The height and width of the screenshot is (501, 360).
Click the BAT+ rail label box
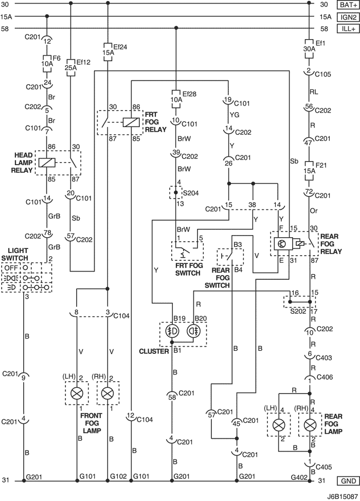349,5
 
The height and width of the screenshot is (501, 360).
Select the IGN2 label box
349,17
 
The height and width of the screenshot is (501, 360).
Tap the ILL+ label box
349,29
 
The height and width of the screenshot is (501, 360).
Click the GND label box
349,481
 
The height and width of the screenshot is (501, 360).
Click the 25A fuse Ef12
70,67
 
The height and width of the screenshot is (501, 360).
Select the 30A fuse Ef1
309,49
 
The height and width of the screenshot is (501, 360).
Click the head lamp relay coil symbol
47,163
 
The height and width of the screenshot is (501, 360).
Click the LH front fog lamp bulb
77,393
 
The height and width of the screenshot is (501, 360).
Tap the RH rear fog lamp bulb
309,425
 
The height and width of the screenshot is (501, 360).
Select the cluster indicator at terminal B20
192,332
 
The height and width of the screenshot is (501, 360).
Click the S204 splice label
191,193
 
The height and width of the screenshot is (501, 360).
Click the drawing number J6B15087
342,497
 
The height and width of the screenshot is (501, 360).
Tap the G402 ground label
299,477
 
